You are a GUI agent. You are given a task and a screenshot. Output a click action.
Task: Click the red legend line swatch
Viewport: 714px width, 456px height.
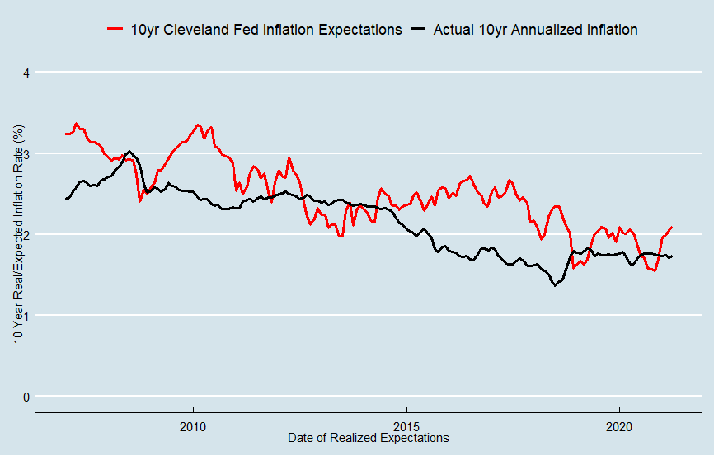tap(116, 29)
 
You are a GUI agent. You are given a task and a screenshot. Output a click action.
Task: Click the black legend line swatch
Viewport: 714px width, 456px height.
tap(419, 29)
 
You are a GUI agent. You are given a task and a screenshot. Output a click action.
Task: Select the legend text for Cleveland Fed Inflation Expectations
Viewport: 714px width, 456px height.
tap(266, 29)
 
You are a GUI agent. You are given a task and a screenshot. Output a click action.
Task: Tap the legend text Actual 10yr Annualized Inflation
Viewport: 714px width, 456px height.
tap(535, 29)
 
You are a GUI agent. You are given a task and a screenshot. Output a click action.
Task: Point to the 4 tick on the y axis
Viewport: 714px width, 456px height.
tap(26, 73)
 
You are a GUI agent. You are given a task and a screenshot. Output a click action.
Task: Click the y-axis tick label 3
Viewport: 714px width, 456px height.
tap(26, 153)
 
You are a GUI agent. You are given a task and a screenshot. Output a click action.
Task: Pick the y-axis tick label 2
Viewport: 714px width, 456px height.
tap(26, 234)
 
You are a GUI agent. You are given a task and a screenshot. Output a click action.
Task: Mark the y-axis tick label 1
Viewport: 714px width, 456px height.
tap(26, 315)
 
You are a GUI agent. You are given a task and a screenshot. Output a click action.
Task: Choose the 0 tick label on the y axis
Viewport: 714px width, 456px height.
tap(26, 396)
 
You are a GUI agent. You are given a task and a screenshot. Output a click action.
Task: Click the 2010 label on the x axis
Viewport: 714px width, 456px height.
tap(193, 426)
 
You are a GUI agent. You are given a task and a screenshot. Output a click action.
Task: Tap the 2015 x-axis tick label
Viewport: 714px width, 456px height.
tap(406, 426)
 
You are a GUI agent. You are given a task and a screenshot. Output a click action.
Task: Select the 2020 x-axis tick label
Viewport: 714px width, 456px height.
tap(618, 426)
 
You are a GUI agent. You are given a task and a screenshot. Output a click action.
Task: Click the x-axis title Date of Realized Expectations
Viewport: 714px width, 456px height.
tap(369, 438)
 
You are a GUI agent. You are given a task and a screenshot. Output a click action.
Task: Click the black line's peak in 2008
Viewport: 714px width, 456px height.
tap(129, 152)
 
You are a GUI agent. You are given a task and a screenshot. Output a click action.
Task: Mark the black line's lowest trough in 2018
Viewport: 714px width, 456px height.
tap(555, 285)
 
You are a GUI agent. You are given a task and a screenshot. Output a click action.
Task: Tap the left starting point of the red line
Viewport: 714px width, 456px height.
tap(66, 134)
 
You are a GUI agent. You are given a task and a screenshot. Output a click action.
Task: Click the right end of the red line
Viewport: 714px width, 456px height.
tap(672, 227)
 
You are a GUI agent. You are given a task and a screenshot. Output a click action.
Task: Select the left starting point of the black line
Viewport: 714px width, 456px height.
tap(66, 199)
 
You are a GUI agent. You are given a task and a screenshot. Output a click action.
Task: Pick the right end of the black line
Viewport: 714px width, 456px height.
tap(672, 256)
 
